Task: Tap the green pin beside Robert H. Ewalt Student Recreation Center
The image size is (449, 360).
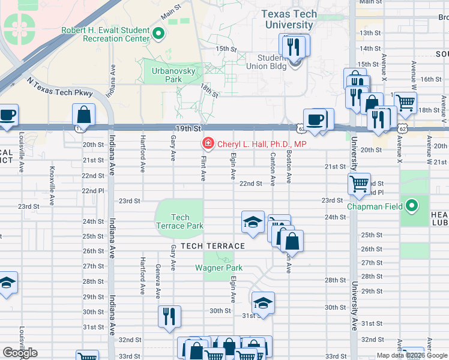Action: tap(159, 34)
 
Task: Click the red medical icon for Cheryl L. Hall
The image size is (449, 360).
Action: tap(208, 144)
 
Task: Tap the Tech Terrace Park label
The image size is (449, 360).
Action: tap(179, 221)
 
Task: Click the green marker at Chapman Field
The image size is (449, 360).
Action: tap(411, 206)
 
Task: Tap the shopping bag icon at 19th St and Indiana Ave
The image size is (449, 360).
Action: tap(84, 114)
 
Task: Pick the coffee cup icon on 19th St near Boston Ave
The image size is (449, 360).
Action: tap(315, 119)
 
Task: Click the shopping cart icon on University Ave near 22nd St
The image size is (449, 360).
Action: tap(359, 184)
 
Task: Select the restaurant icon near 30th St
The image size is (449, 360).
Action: tap(170, 316)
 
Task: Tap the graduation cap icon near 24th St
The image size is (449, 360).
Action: tap(253, 222)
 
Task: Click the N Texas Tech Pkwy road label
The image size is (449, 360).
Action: tap(60, 86)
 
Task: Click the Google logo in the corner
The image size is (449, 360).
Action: tap(20, 353)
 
